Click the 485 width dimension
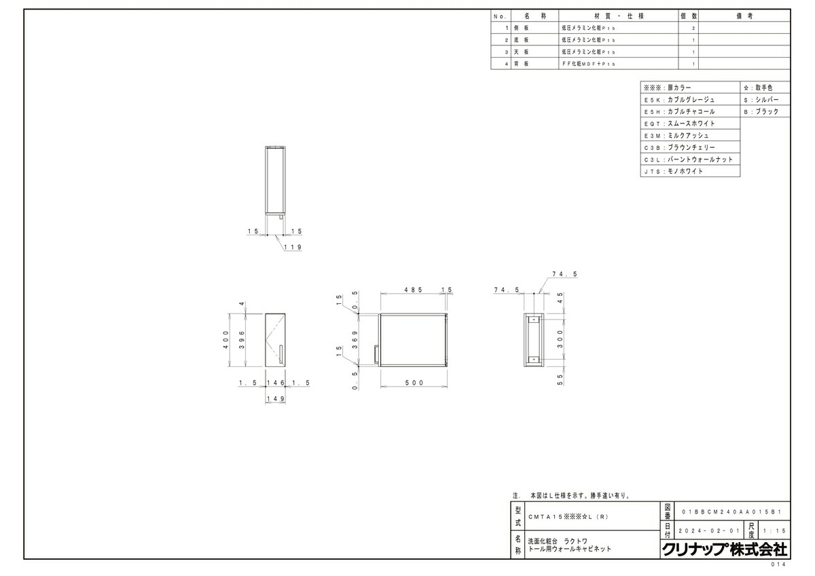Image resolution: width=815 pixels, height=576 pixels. click(412, 290)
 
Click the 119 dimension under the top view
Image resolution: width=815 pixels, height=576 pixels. click(293, 247)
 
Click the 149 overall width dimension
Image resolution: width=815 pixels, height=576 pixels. click(275, 400)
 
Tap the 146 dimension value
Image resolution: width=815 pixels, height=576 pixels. click(275, 383)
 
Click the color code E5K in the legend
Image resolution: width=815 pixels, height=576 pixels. click(651, 100)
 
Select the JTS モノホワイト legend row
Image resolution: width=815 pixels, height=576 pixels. click(689, 172)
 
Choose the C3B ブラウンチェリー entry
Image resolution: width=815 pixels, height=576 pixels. click(689, 147)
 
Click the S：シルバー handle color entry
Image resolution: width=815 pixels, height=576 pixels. click(766, 100)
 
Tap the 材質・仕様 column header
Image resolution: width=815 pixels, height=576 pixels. click(617, 16)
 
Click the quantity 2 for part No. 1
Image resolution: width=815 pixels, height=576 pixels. click(693, 28)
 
